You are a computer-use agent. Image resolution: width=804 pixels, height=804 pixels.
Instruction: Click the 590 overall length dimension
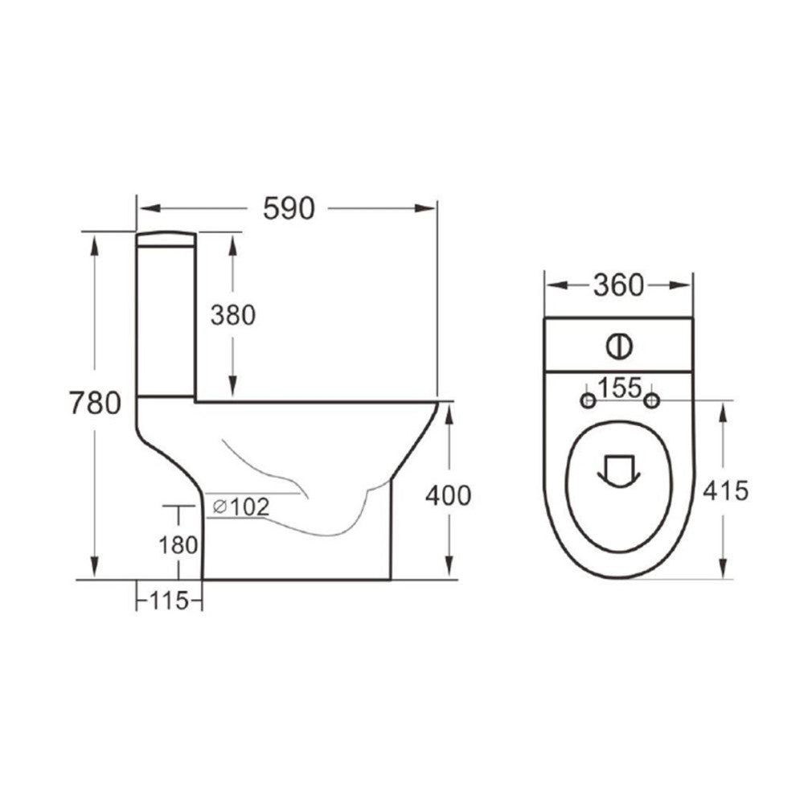pyautogui.click(x=288, y=208)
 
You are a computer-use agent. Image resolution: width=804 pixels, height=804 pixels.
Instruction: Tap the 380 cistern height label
pyautogui.click(x=232, y=316)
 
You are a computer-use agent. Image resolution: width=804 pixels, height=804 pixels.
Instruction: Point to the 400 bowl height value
pyautogui.click(x=448, y=495)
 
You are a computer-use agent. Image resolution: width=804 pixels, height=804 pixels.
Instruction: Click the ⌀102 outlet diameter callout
pyautogui.click(x=241, y=507)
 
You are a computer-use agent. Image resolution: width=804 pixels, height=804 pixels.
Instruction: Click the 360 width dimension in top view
pyautogui.click(x=618, y=285)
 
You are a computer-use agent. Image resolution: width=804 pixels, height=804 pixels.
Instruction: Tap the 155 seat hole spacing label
pyautogui.click(x=619, y=388)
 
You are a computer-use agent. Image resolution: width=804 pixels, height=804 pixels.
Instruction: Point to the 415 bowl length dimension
pyautogui.click(x=726, y=490)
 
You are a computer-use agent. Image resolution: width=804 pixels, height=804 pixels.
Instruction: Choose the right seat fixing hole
pyautogui.click(x=652, y=400)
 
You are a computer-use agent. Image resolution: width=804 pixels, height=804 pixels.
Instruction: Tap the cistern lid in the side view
pyautogui.click(x=166, y=238)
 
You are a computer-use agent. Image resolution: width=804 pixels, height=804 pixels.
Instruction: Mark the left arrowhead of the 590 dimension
pyautogui.click(x=143, y=209)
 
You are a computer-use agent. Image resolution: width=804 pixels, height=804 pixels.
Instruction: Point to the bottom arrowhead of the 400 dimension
pyautogui.click(x=449, y=572)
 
